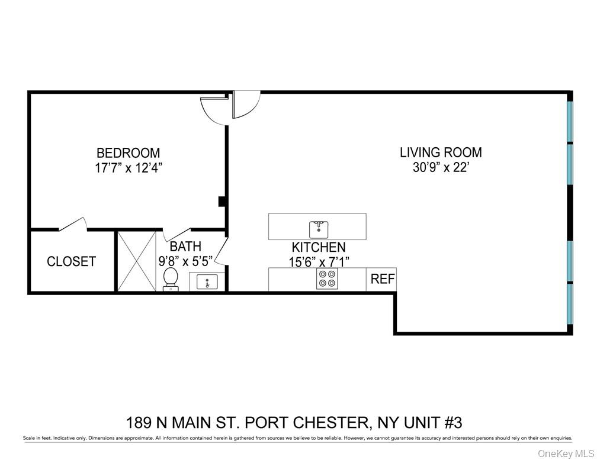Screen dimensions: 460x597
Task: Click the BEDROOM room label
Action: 128,153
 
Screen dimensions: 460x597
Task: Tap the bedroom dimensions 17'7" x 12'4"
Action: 128,167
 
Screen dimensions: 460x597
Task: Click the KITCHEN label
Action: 318,248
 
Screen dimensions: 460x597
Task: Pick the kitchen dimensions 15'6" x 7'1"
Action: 318,262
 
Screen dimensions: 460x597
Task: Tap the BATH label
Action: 185,247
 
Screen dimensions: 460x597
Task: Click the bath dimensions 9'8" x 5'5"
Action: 186,260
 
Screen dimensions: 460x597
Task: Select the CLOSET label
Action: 71,261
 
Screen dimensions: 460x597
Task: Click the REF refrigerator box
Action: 383,279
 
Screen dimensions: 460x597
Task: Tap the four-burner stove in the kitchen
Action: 327,278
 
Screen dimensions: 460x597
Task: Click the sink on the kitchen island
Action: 319,228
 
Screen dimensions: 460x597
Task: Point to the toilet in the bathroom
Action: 170,278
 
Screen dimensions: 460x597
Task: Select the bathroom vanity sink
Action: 207,281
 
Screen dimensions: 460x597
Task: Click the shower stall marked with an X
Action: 136,261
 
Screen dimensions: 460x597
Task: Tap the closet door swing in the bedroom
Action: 73,225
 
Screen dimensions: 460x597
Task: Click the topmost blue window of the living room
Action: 570,121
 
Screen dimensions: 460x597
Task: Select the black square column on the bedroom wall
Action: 222,202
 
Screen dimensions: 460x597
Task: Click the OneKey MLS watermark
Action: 565,453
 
